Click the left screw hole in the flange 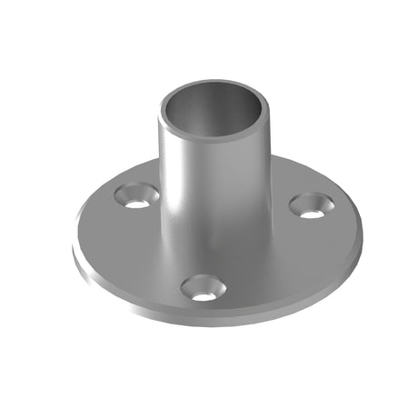click(x=137, y=195)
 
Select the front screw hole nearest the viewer click(x=203, y=289)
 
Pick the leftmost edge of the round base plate click(x=75, y=238)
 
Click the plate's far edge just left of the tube click(x=145, y=169)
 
